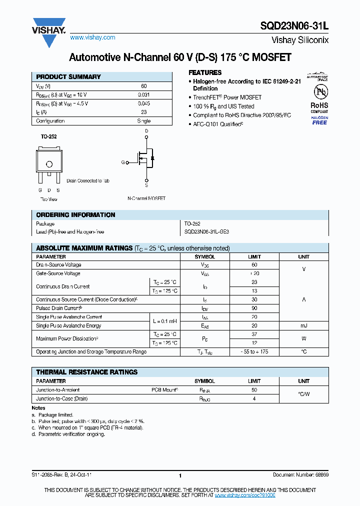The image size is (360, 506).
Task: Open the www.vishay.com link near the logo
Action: tap(92, 37)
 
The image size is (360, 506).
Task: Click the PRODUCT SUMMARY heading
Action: tap(68, 77)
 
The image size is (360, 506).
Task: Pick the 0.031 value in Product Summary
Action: tap(143, 94)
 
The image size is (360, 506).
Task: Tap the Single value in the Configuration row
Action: tap(143, 121)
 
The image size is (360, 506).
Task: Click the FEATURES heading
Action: tap(205, 72)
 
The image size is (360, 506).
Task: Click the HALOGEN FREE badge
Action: tap(319, 120)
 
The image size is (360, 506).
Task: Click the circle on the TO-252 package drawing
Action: tap(49, 164)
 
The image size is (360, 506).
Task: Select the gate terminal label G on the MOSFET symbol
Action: tap(122, 162)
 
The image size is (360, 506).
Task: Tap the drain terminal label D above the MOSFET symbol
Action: tap(146, 131)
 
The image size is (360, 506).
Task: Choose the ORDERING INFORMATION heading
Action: tap(75, 215)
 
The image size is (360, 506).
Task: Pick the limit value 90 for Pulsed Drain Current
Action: tap(254, 308)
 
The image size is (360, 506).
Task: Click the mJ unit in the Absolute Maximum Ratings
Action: tap(303, 325)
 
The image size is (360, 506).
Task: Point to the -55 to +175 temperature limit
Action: tap(254, 352)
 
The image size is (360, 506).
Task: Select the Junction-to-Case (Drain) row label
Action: tap(62, 398)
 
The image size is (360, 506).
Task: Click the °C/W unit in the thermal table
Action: tap(303, 394)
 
